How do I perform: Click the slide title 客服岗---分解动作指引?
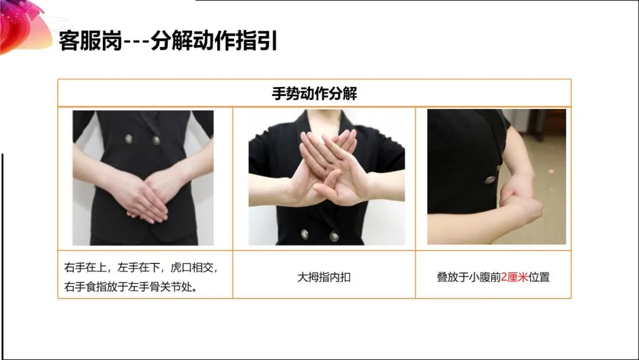click(168, 41)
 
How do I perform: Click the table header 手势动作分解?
click(314, 94)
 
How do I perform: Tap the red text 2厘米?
click(514, 277)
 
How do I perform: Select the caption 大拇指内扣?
click(324, 277)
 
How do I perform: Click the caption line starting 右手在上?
click(141, 268)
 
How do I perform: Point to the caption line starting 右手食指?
click(131, 287)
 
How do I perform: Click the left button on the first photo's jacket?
click(129, 139)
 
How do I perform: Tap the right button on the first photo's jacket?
click(156, 140)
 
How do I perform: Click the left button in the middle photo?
click(305, 234)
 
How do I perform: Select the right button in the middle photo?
click(334, 236)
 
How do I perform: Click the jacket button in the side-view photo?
click(489, 180)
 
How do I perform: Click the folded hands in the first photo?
click(147, 196)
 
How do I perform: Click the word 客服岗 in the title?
click(91, 41)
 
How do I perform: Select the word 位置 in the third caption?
click(539, 277)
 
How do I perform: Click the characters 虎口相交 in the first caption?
click(192, 268)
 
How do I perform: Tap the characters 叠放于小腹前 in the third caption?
click(469, 277)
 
